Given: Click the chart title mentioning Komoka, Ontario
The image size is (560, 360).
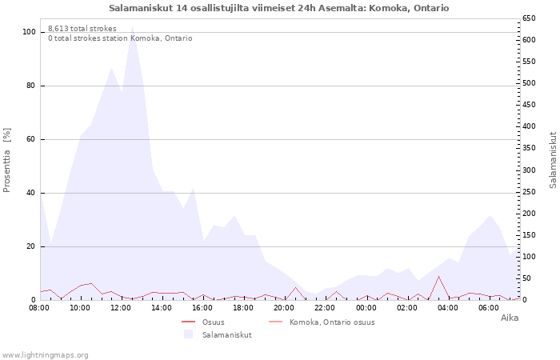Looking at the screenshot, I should coord(279,8).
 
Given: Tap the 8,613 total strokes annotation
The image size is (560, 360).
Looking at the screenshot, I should coord(82,29).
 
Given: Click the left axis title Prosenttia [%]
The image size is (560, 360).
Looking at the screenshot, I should coord(7,159).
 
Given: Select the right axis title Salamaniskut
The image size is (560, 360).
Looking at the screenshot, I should coord(553,160).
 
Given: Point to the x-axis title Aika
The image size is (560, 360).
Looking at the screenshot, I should coord(510,318).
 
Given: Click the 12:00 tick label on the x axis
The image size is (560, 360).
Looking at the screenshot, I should coord(121,307).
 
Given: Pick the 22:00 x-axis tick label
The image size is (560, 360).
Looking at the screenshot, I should coord(325,307).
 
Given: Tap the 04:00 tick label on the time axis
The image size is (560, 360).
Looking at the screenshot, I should coord(448,307).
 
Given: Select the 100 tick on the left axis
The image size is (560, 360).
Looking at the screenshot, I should coord(30,32).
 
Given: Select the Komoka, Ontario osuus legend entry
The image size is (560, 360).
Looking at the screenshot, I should coord(332,322).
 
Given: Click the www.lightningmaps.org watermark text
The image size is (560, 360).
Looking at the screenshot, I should coord(45,354).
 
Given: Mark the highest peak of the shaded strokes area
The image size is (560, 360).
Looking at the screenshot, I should coord(132,27).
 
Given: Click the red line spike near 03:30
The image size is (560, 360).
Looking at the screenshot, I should coord(438,277).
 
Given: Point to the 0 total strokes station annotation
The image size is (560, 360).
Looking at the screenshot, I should coord(120,38).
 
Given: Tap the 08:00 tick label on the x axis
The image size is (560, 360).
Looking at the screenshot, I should coord(39,307).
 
